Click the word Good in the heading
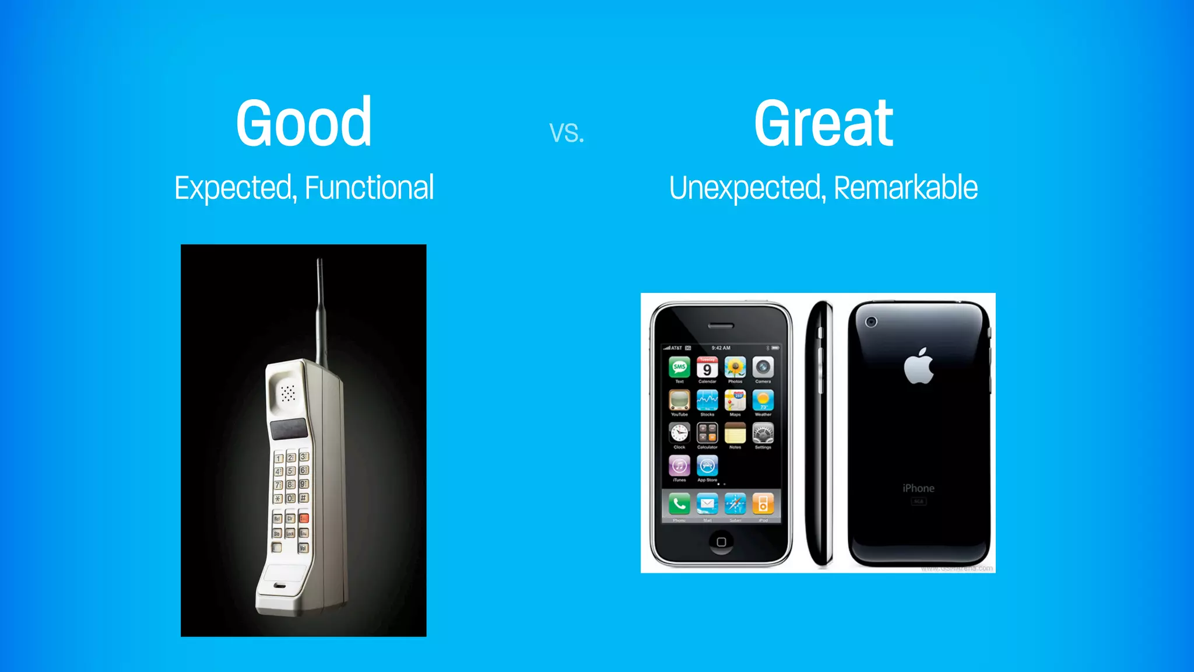click(304, 123)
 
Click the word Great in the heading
click(823, 123)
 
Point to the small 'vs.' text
click(567, 133)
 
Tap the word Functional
click(369, 188)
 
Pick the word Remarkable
click(905, 188)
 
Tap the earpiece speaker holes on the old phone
click(288, 393)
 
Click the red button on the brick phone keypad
click(304, 518)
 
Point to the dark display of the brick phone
click(289, 429)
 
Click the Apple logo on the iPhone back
click(919, 366)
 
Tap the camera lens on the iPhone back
click(871, 322)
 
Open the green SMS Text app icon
click(679, 367)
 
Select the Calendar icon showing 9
click(707, 367)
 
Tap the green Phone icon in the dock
click(679, 503)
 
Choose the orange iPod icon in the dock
click(763, 503)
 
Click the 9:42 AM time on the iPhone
click(721, 348)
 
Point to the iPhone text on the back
click(918, 488)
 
